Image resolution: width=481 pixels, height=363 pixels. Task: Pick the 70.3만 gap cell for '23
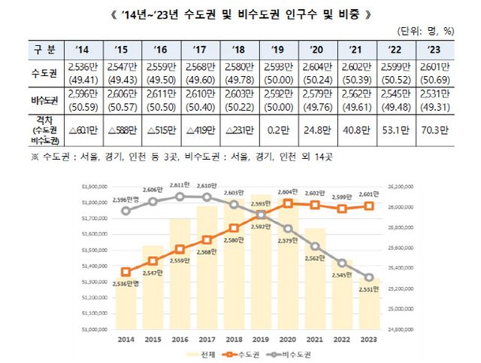coord(434,128)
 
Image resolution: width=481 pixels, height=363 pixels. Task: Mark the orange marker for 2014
coord(126,272)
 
